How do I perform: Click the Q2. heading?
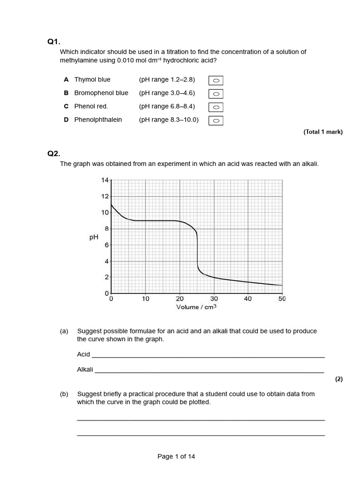[54, 153]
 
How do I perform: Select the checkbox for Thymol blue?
[216, 81]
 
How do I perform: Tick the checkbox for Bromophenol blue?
[216, 94]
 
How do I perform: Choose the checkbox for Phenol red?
[216, 107]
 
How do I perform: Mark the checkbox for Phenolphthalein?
[216, 121]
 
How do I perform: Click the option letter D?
[67, 120]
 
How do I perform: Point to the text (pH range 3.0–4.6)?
[167, 93]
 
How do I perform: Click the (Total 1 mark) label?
[323, 132]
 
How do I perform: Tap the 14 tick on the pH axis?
[105, 180]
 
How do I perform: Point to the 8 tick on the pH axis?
[106, 229]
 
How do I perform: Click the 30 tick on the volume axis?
[214, 299]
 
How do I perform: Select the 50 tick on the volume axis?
[282, 299]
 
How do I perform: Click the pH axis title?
[93, 237]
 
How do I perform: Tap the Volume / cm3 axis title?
[196, 307]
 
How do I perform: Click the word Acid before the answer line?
[83, 354]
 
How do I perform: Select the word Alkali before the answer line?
[85, 369]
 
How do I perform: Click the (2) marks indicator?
[339, 380]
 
